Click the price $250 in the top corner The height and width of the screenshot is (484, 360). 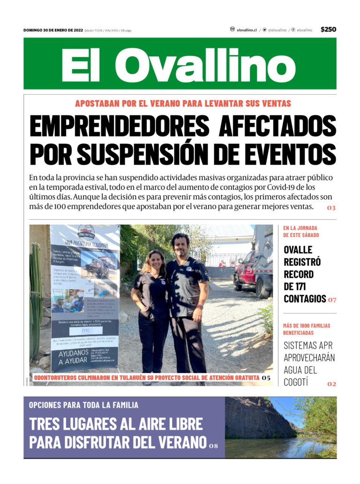pyautogui.click(x=328, y=30)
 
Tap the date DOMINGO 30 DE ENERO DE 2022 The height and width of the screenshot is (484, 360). pyautogui.click(x=53, y=30)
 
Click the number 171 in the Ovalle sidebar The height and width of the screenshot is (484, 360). pyautogui.click(x=314, y=286)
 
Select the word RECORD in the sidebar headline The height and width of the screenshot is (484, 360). pyautogui.click(x=299, y=274)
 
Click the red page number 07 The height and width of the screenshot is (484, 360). pyautogui.click(x=332, y=299)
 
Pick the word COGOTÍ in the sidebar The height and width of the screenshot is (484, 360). pyautogui.click(x=296, y=382)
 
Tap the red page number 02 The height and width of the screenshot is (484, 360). pyautogui.click(x=331, y=384)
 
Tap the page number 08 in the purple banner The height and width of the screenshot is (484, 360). pyautogui.click(x=214, y=445)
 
